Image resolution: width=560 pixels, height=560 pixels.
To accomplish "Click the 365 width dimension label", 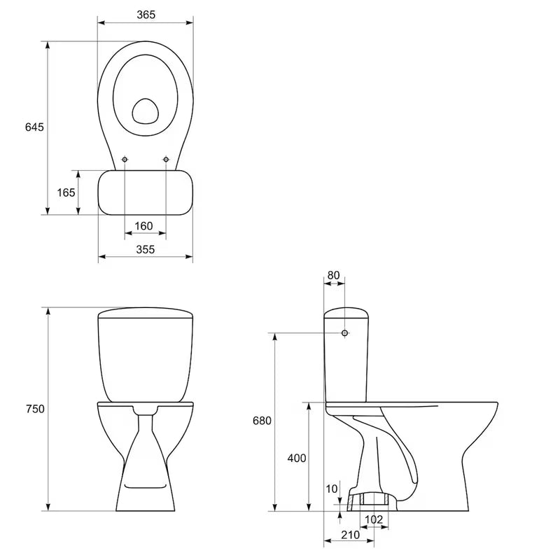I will click(x=146, y=15).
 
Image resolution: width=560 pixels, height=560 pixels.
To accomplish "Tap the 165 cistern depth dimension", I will click(x=66, y=192).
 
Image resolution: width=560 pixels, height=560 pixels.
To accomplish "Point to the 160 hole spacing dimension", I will click(x=143, y=225).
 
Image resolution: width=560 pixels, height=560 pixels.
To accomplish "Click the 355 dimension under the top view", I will click(x=146, y=249).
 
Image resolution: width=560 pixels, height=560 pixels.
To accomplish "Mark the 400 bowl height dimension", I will click(x=297, y=458).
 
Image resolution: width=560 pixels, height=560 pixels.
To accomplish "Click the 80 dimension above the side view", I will click(x=333, y=275).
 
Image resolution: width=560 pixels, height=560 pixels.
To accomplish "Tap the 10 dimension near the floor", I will click(x=332, y=488).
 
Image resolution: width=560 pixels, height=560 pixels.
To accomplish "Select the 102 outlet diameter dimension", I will click(x=374, y=519).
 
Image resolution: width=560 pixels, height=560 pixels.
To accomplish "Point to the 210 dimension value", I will click(x=350, y=535).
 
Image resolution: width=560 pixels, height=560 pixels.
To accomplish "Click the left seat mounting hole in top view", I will click(x=125, y=160).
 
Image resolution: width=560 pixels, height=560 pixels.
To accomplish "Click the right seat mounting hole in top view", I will click(x=166, y=160).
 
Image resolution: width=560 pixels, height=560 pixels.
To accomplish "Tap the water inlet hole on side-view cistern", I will click(x=344, y=332).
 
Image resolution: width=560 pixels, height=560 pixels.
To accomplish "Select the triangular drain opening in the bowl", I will click(x=146, y=110).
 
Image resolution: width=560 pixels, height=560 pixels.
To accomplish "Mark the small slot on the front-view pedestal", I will click(x=145, y=484).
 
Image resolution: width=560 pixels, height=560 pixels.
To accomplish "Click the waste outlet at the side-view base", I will click(x=374, y=499).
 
